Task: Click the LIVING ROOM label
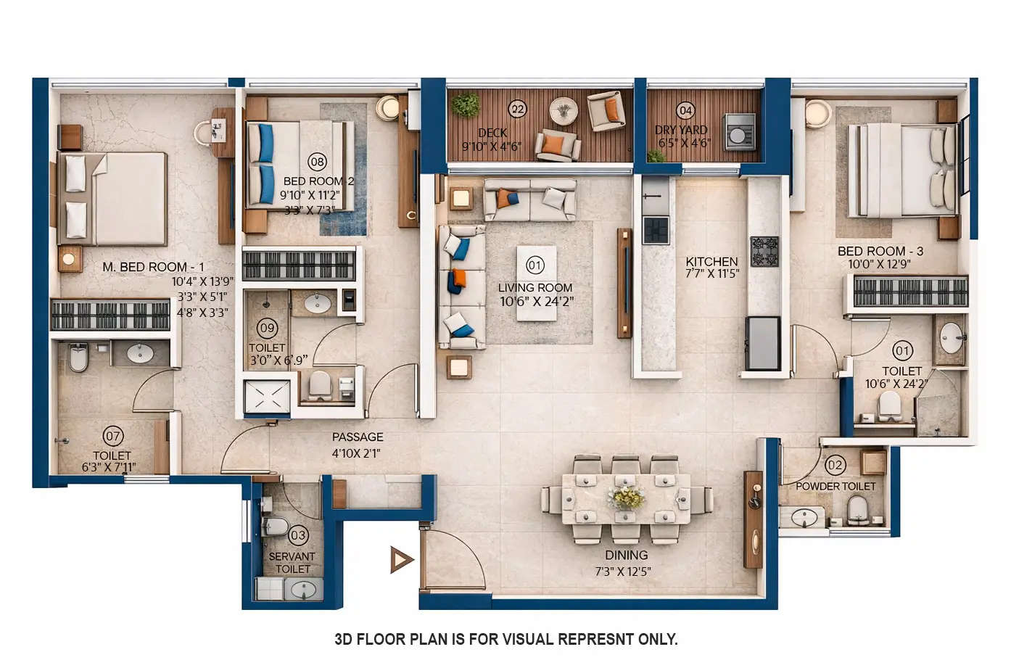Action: coord(535,288)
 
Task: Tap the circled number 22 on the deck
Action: coord(517,110)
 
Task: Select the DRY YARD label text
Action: coord(681,130)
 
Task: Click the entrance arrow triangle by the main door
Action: coord(401,560)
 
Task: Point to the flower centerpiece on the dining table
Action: coord(627,498)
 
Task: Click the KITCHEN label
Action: coord(711,262)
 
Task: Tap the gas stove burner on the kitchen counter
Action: coord(764,251)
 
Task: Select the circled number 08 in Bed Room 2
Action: coord(317,161)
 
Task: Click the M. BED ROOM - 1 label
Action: coord(153,267)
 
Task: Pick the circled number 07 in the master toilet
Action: coord(113,436)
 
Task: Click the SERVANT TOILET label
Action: coord(292,563)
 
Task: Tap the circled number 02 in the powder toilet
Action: coord(835,465)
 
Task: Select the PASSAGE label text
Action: coord(358,437)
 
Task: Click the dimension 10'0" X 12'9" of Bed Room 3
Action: coord(878,265)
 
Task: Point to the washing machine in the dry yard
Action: coord(739,131)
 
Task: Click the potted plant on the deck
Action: coord(465,106)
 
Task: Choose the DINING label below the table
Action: coord(626,556)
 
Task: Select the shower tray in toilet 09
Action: coord(267,395)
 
